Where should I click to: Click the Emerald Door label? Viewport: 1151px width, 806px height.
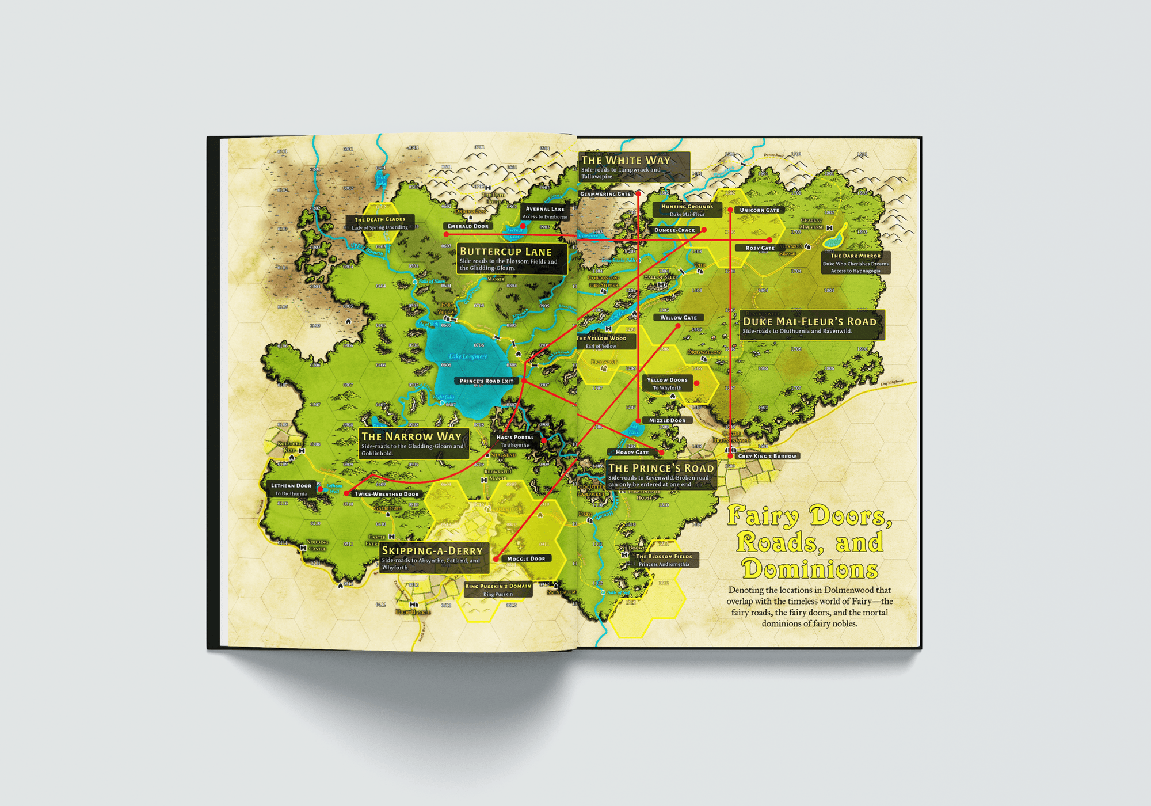(x=468, y=226)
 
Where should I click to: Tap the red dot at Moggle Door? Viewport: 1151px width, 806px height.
(x=496, y=559)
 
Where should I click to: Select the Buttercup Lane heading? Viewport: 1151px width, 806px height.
(x=505, y=252)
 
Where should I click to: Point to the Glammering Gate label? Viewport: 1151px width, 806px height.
(x=605, y=194)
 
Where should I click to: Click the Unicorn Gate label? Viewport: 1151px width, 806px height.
(x=759, y=210)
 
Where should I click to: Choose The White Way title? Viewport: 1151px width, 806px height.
(x=626, y=160)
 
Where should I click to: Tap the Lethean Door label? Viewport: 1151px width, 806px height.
(x=291, y=486)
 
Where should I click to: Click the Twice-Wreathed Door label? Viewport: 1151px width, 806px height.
(x=387, y=494)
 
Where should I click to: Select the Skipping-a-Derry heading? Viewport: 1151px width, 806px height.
(x=432, y=551)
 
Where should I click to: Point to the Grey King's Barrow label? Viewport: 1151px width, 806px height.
(x=767, y=456)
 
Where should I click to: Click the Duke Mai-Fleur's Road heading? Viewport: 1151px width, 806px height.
(x=809, y=322)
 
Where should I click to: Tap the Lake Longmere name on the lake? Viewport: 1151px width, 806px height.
(x=468, y=356)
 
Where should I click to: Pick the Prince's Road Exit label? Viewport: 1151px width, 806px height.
(x=486, y=381)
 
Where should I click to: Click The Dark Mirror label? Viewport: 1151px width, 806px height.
(x=855, y=256)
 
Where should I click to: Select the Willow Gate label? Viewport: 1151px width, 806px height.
(x=679, y=318)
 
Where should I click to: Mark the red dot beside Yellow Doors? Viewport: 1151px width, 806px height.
(x=696, y=383)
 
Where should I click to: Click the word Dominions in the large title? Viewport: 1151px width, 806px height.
(x=810, y=569)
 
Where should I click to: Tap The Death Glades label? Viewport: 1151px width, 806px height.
(x=380, y=219)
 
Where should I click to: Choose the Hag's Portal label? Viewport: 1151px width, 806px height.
(x=515, y=438)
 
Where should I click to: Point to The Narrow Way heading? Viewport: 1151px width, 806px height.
(x=411, y=436)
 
